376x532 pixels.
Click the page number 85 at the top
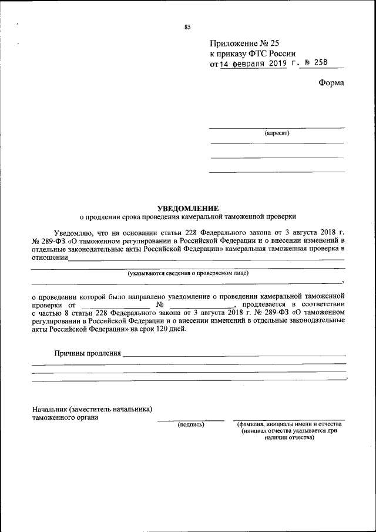(187, 27)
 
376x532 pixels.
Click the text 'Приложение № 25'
(243, 44)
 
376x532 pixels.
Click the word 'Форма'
(331, 83)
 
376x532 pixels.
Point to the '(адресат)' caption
(277, 133)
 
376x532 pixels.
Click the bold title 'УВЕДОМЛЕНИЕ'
(188, 208)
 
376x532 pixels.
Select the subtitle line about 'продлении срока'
(188, 216)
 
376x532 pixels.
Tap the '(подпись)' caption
(190, 424)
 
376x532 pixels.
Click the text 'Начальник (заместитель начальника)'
(93, 409)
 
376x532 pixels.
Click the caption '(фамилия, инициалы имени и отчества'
(290, 424)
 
